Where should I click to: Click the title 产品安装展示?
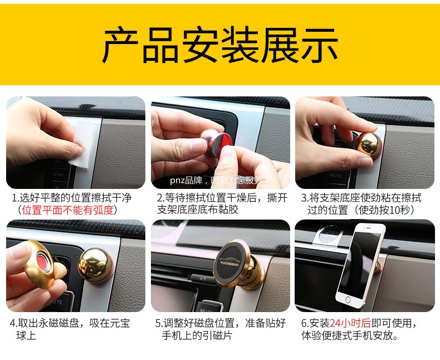click(220, 45)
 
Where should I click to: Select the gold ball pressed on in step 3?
click(368, 145)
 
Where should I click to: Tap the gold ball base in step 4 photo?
click(95, 265)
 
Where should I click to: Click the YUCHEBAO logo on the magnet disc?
click(229, 263)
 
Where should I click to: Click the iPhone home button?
click(348, 300)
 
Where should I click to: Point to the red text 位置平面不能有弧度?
click(67, 210)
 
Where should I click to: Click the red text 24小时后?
click(350, 323)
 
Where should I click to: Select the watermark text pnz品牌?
click(186, 180)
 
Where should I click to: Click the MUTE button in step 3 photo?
click(336, 176)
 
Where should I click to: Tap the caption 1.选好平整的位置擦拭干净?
click(71, 198)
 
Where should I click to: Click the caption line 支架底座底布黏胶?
click(198, 210)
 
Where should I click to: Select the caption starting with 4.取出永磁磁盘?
click(70, 329)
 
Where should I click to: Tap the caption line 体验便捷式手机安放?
click(350, 335)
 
